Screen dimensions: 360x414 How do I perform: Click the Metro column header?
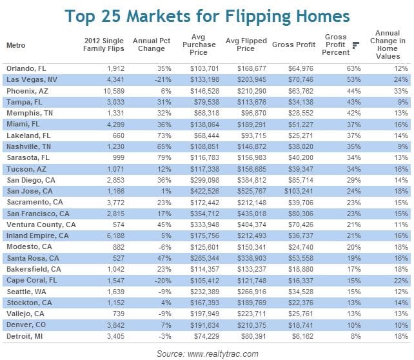(x=16, y=45)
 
